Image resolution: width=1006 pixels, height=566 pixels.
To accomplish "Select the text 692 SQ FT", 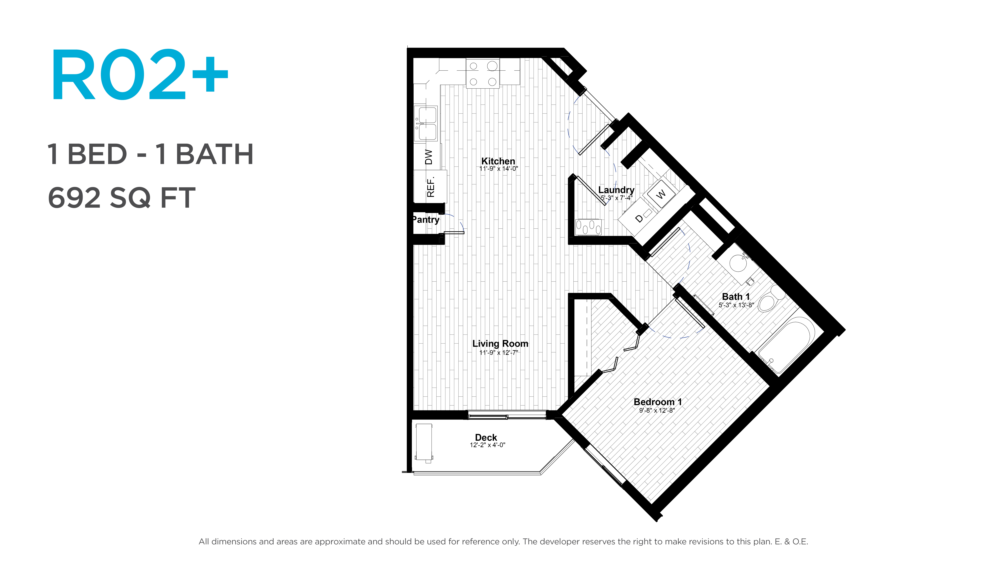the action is [x=121, y=198].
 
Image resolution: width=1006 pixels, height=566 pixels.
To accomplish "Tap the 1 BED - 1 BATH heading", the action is [x=150, y=154].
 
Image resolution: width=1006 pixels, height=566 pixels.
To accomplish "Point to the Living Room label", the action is [x=500, y=343].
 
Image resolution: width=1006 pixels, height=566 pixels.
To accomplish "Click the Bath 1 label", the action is [x=736, y=296].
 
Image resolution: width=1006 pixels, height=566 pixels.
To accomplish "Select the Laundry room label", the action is [x=616, y=190].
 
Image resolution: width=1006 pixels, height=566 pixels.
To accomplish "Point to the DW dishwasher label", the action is [x=429, y=157].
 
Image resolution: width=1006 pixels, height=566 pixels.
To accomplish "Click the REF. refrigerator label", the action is [x=430, y=187].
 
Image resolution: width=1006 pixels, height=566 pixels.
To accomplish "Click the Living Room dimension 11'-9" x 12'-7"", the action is [x=499, y=352].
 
